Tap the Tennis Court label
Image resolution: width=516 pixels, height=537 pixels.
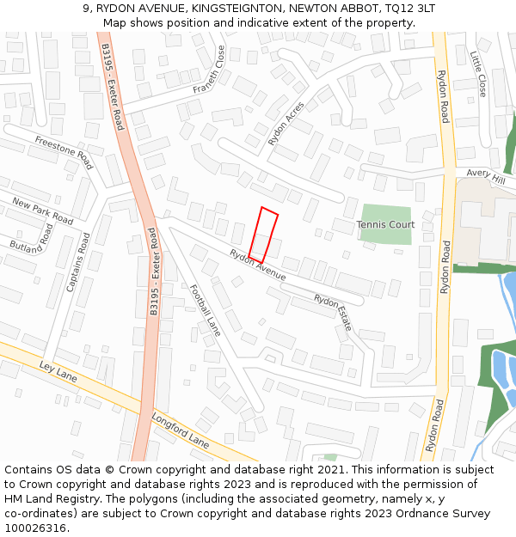click(385, 225)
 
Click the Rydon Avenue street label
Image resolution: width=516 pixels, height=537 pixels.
click(257, 264)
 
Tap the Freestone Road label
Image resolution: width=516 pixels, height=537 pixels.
click(64, 152)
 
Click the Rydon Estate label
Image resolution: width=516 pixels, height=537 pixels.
click(333, 313)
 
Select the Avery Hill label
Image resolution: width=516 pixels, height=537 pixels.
click(486, 175)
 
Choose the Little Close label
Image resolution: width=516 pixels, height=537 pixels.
click(479, 73)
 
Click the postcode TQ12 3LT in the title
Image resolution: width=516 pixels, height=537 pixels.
click(408, 8)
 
